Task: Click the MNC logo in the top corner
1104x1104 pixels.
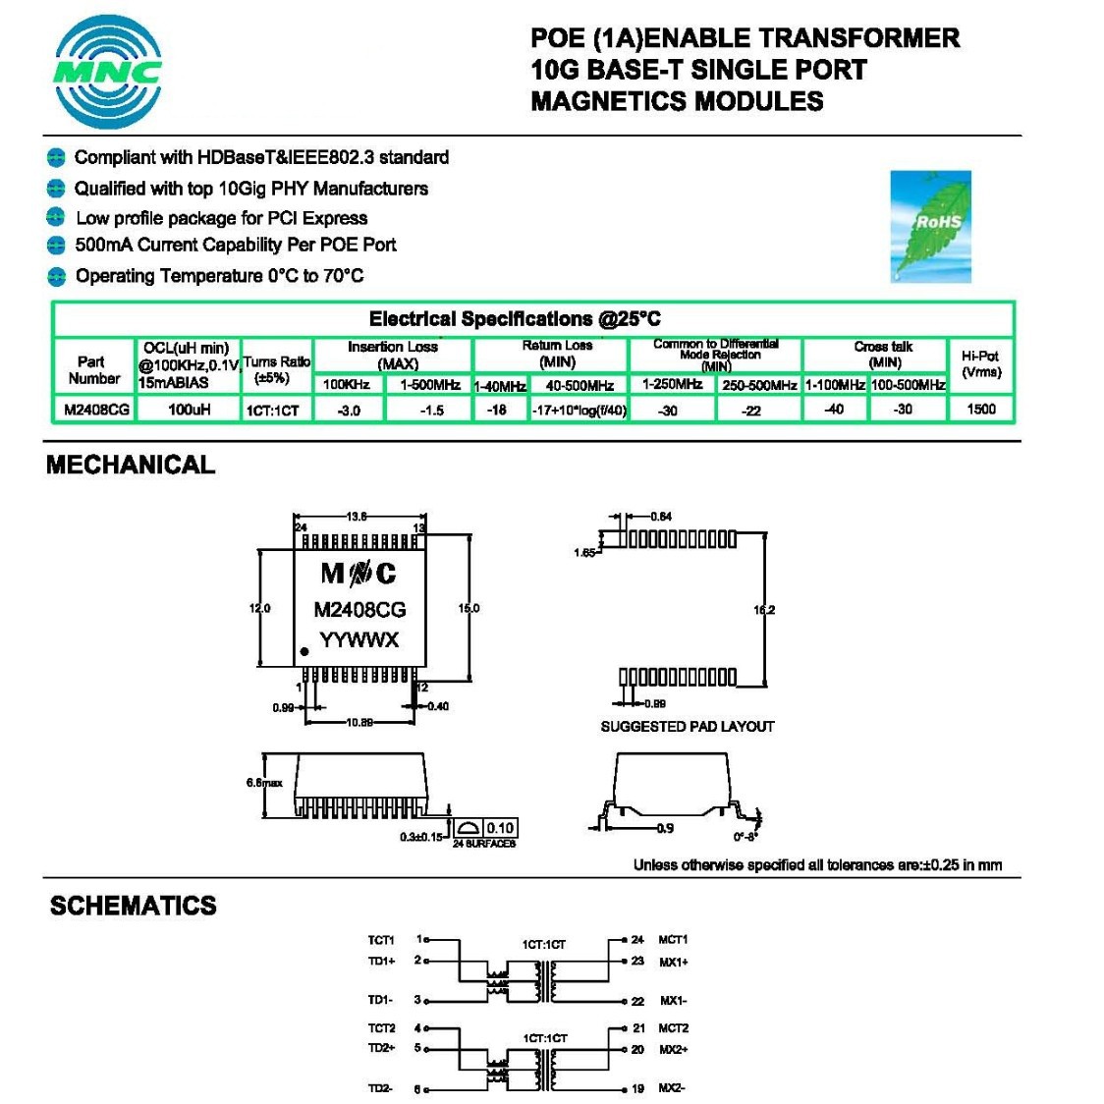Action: pos(108,72)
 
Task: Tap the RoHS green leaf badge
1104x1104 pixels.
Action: pos(930,227)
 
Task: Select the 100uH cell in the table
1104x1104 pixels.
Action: pos(189,409)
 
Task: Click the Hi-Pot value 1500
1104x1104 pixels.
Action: pos(980,409)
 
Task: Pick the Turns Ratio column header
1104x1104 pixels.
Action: pos(276,369)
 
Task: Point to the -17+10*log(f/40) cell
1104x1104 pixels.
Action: pos(580,410)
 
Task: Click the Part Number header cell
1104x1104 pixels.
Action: pos(93,369)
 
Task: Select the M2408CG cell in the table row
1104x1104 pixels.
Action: pos(96,409)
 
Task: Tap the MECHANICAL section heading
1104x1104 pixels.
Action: pos(131,465)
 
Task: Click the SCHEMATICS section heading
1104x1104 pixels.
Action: pos(134,905)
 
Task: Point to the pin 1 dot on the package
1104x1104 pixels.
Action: pos(305,651)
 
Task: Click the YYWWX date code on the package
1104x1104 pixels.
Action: pos(359,640)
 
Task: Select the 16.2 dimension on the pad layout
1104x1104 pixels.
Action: pos(764,610)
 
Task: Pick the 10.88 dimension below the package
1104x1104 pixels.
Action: pos(359,723)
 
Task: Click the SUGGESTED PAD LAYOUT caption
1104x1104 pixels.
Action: pos(688,726)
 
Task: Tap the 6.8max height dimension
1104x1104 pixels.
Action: pos(264,783)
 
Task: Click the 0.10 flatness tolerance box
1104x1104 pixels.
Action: pos(500,828)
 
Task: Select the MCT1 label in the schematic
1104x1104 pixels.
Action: pos(673,940)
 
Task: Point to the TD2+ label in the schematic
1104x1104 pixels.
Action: pos(381,1048)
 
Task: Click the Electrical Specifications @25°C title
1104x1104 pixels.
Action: pos(515,319)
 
